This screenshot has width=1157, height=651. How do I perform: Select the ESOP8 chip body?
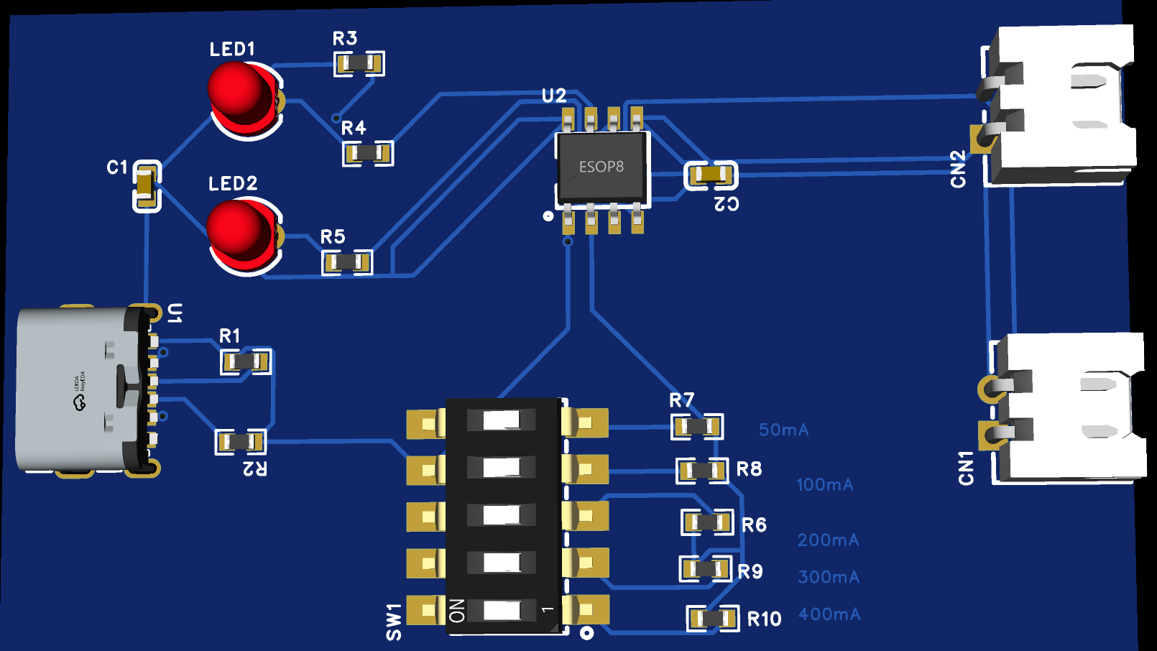point(602,167)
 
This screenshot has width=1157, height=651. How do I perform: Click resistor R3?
point(359,64)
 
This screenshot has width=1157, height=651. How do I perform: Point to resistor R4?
point(368,153)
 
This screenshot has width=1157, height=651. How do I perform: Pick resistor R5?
point(347,262)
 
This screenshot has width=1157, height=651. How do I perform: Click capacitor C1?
point(147,186)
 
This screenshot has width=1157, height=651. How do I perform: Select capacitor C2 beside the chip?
point(711,175)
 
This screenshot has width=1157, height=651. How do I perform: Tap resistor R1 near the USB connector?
point(246,361)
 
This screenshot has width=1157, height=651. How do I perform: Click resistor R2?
point(241,441)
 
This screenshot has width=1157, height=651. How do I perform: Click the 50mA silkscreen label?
point(783,430)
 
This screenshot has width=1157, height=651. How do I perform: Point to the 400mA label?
point(829,614)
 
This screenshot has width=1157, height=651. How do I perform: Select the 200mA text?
point(828,540)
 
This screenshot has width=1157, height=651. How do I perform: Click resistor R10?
point(713,618)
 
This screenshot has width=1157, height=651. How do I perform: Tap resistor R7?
point(697,427)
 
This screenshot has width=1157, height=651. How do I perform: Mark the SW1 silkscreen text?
point(394,622)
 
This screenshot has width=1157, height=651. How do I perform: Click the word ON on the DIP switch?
point(457,611)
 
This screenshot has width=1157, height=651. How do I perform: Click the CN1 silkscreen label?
point(966,468)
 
